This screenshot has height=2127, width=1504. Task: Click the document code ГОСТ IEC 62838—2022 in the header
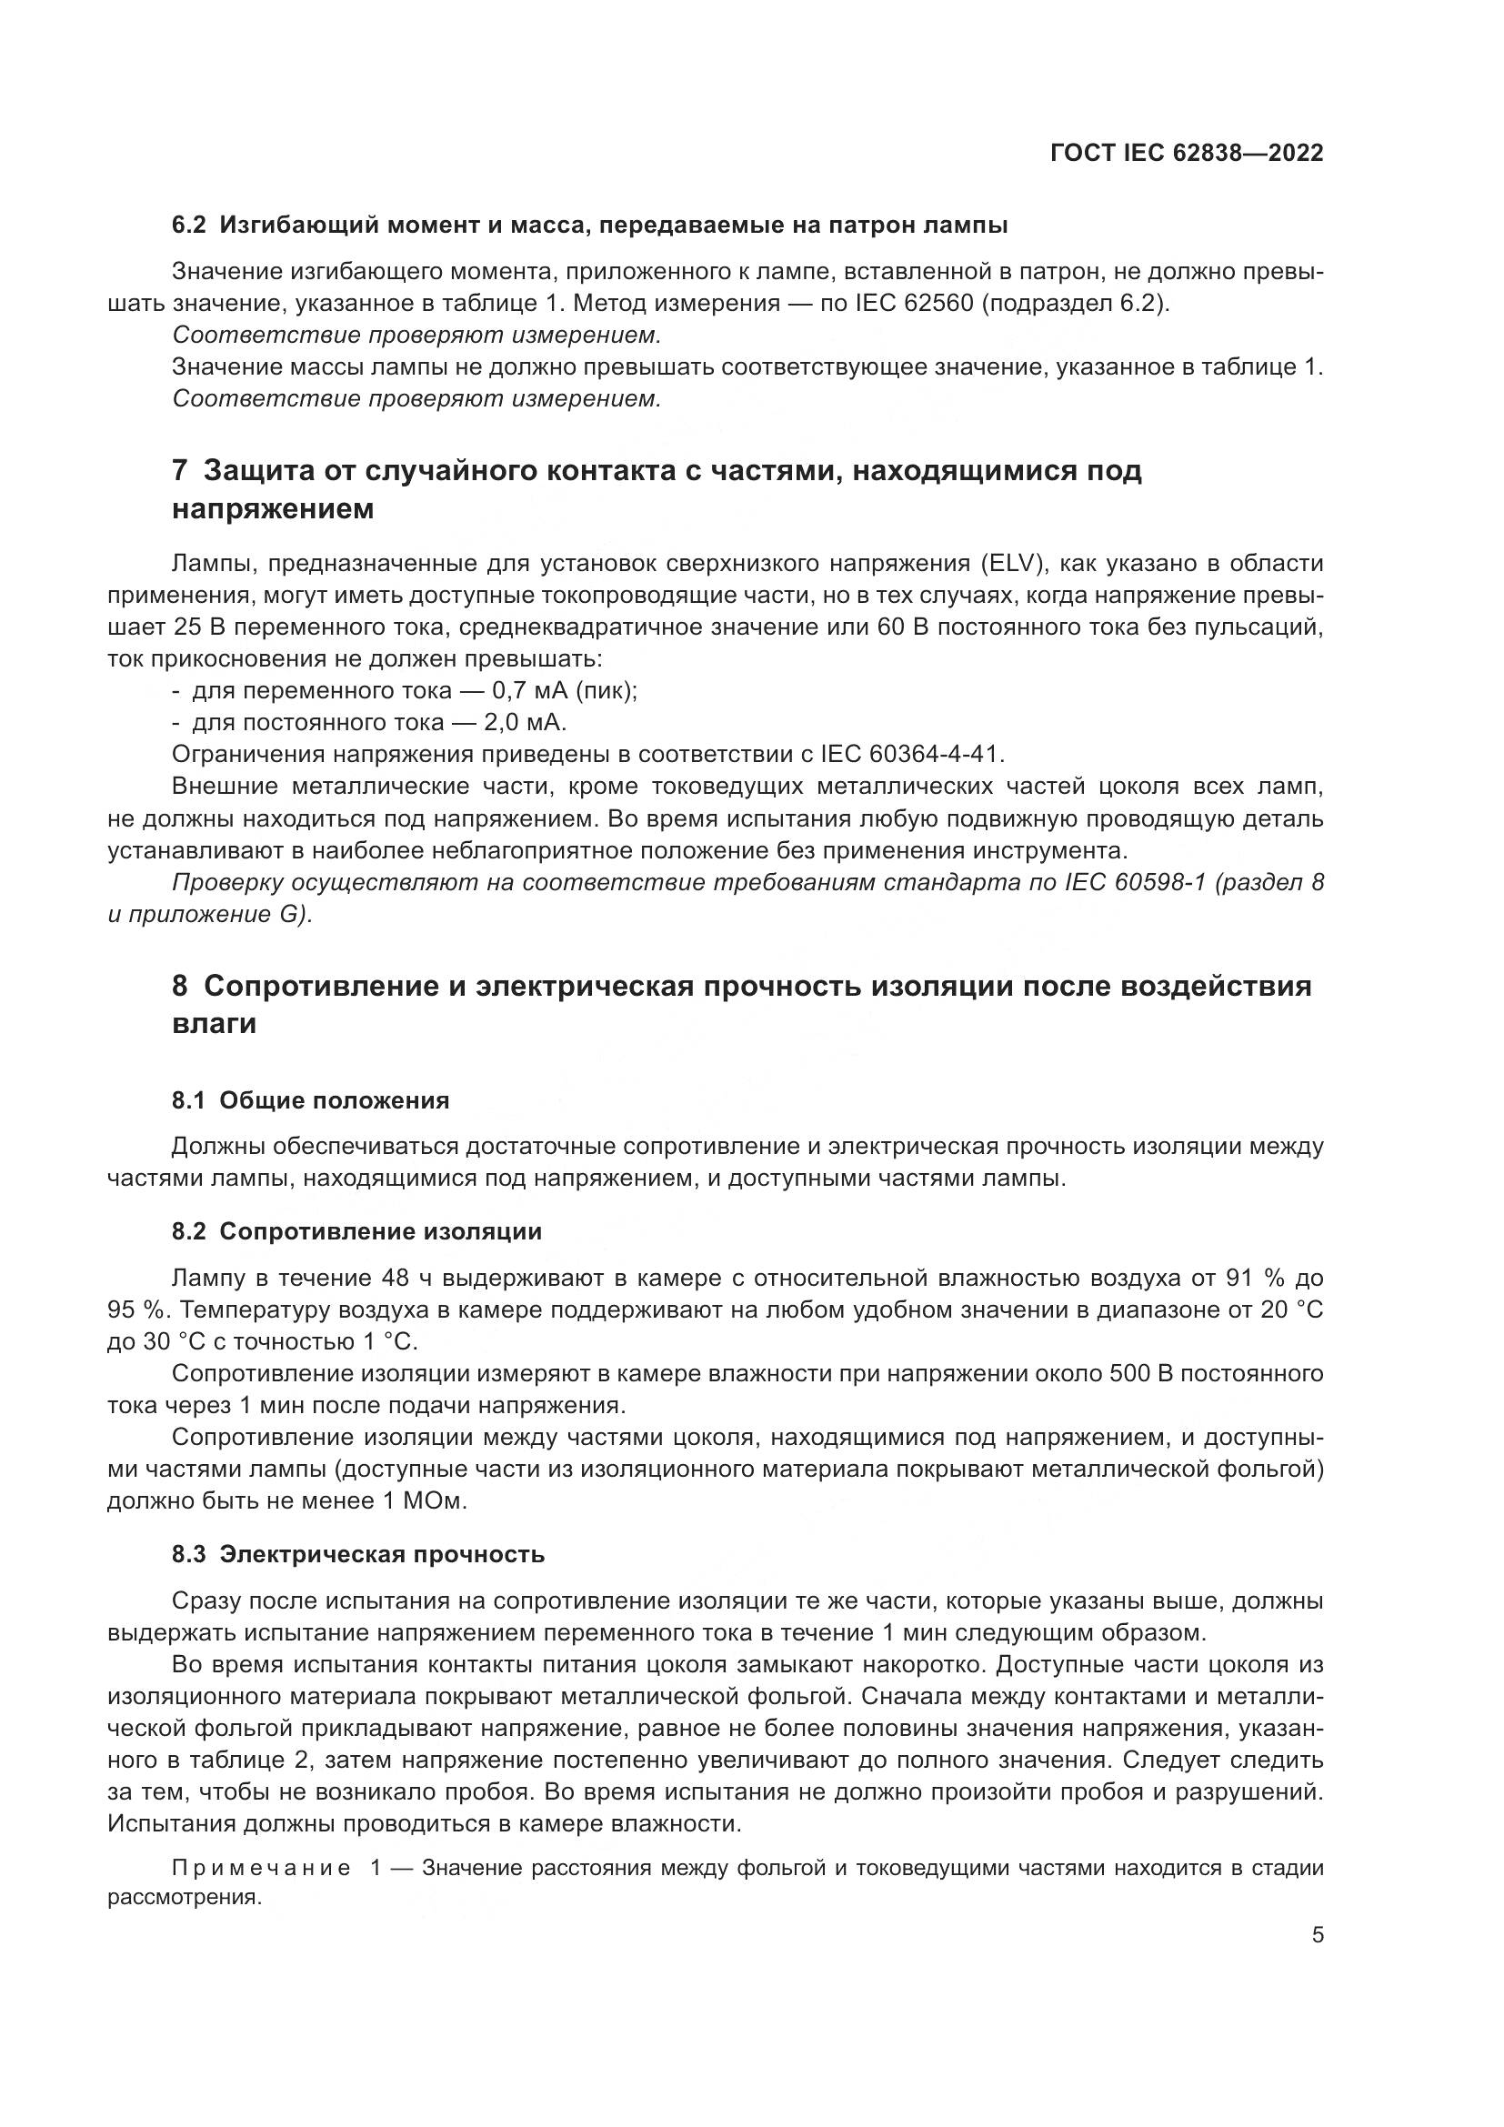pyautogui.click(x=1187, y=153)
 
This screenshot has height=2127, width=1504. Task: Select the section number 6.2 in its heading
pyautogui.click(x=190, y=226)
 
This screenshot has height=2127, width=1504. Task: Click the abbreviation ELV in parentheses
pyautogui.click(x=1010, y=563)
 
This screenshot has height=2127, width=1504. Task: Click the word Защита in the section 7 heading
pyautogui.click(x=254, y=471)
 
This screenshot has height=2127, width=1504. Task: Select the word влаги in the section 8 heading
pyautogui.click(x=214, y=1024)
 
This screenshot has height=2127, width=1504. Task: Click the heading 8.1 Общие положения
pyautogui.click(x=310, y=1100)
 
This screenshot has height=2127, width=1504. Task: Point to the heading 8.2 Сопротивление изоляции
pyautogui.click(x=356, y=1231)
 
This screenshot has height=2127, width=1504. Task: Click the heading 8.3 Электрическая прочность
pyautogui.click(x=357, y=1554)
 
